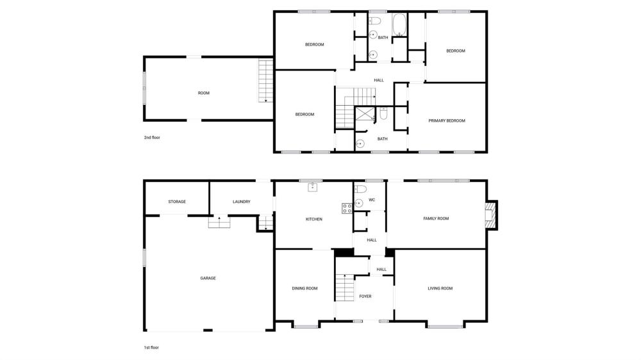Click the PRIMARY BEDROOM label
coord(446,120)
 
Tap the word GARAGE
coord(208,278)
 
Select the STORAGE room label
coord(177,201)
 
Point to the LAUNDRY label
coord(241,201)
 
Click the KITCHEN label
coord(314,220)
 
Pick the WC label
coord(372,200)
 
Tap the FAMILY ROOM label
coord(436,218)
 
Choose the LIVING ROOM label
coord(440,288)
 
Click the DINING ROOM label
coord(304,288)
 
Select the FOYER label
coord(365,296)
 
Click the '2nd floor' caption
coord(152,138)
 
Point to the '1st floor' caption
coord(151,348)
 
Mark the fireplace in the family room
coord(491,215)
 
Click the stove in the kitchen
coord(347,208)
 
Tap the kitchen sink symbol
coord(313,187)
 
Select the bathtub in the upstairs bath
coord(399,25)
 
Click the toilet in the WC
coord(360,189)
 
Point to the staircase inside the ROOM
coord(266,81)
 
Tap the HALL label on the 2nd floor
coord(379,81)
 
